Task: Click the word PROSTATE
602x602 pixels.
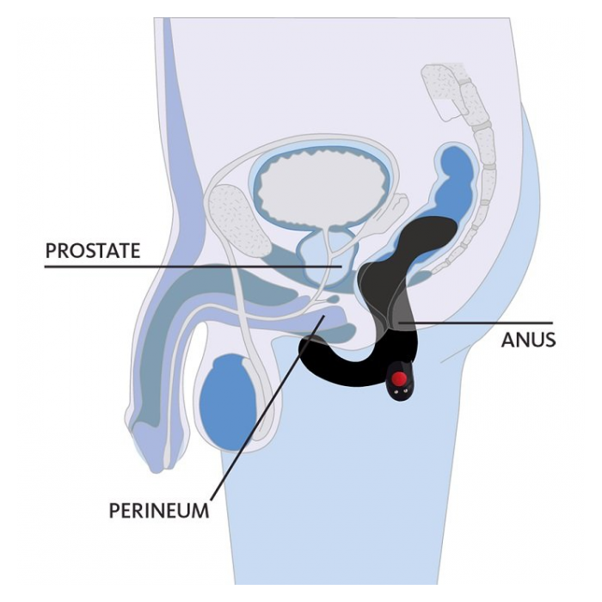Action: (x=92, y=251)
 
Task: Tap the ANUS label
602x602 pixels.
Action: (x=528, y=340)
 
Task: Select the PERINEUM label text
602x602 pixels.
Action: (x=158, y=509)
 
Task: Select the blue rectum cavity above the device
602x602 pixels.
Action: (x=457, y=172)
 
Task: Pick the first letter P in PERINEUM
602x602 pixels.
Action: (x=115, y=509)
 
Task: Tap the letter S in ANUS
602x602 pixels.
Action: (x=549, y=340)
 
